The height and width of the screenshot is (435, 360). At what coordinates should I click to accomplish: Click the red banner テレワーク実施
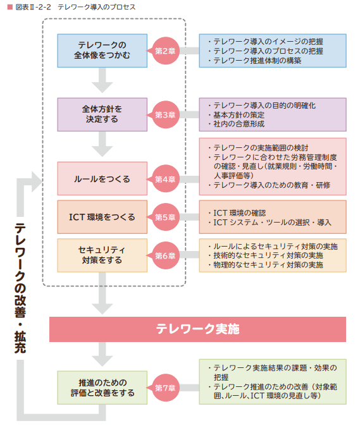(x=198, y=329)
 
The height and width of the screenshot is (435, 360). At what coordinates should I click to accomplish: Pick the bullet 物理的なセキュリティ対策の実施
(x=268, y=265)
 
